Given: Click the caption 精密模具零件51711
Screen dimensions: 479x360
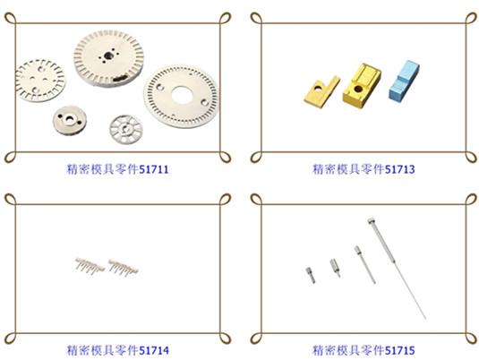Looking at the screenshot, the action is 117,169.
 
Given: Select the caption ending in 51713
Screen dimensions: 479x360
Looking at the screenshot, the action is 364,169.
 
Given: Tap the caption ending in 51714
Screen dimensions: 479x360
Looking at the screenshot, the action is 117,350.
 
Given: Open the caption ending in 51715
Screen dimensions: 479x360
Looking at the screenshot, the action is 364,350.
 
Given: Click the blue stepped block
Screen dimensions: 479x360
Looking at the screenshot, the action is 404,81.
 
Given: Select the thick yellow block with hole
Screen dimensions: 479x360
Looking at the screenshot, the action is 362,86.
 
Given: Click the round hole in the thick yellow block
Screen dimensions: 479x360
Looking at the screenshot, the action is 358,90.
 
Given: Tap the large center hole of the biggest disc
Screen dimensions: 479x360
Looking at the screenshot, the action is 182,95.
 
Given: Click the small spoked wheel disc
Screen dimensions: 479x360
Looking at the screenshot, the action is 126,130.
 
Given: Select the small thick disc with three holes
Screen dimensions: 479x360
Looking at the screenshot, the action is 70,120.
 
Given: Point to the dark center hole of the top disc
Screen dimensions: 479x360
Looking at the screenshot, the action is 107,56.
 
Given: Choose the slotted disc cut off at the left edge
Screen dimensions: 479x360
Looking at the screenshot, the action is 39,81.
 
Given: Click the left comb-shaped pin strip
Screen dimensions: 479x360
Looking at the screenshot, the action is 90,266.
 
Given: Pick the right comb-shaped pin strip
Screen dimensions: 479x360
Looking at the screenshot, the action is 123,268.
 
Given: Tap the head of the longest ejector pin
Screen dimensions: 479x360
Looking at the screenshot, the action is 372,221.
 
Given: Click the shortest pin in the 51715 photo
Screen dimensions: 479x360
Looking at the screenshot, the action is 311,275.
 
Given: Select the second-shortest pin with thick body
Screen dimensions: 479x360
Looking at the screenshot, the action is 335,268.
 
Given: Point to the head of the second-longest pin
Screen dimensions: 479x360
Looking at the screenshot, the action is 357,250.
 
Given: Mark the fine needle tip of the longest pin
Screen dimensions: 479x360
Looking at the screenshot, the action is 425,319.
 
